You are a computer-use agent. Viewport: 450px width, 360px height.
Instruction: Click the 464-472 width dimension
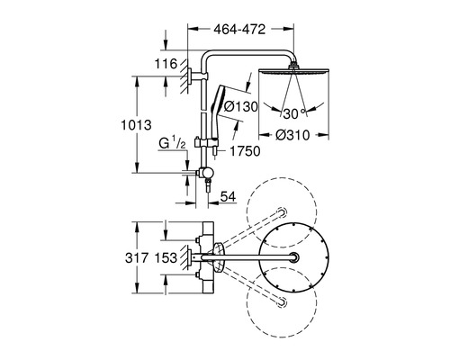pos(239,30)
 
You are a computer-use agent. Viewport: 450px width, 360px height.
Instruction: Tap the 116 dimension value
pos(166,64)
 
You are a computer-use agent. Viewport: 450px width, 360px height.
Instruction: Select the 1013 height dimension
pos(136,125)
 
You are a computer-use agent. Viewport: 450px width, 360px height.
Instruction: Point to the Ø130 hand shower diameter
pos(241,106)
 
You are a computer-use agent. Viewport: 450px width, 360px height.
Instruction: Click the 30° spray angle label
pos(294,113)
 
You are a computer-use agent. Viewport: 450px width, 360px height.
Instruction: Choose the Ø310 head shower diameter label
pos(292,135)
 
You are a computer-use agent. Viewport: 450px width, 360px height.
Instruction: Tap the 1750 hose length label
pos(245,151)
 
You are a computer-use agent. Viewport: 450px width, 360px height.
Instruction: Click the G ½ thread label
pos(172,143)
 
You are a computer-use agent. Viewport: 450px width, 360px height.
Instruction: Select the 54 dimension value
pos(228,196)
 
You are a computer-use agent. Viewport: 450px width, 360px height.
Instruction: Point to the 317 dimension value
pos(137,258)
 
